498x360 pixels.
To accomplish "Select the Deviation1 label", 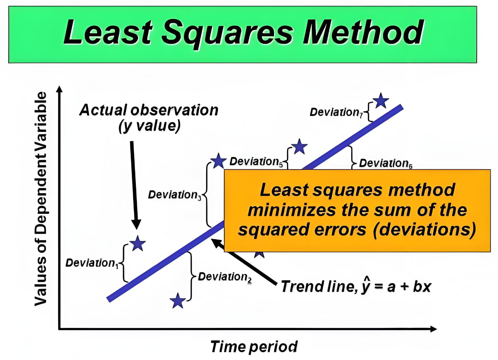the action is point(92,263).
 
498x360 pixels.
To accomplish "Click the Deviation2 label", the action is point(225,277).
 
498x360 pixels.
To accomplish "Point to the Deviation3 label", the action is point(175,195).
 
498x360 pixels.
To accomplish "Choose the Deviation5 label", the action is point(256,162).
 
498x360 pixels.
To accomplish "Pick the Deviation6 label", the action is point(386,163).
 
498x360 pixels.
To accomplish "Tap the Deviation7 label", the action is point(336,112).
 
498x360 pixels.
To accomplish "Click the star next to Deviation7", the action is point(381,101).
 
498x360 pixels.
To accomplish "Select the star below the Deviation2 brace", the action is point(178,300).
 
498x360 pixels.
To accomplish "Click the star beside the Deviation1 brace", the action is point(138,243).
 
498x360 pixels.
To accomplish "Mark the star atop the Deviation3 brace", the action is point(218,161).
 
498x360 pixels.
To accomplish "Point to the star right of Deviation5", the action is point(299,146).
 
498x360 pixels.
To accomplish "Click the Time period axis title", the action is point(254,347).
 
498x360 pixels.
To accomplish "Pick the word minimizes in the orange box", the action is point(291,210).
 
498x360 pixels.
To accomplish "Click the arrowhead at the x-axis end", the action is point(433,329).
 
